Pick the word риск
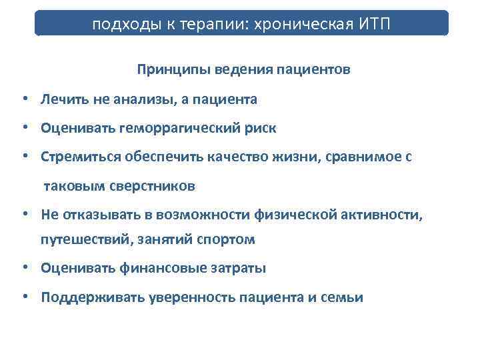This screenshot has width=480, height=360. click(259, 127)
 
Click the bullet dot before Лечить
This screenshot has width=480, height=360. click(24, 99)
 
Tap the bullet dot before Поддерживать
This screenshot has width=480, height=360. click(24, 297)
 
